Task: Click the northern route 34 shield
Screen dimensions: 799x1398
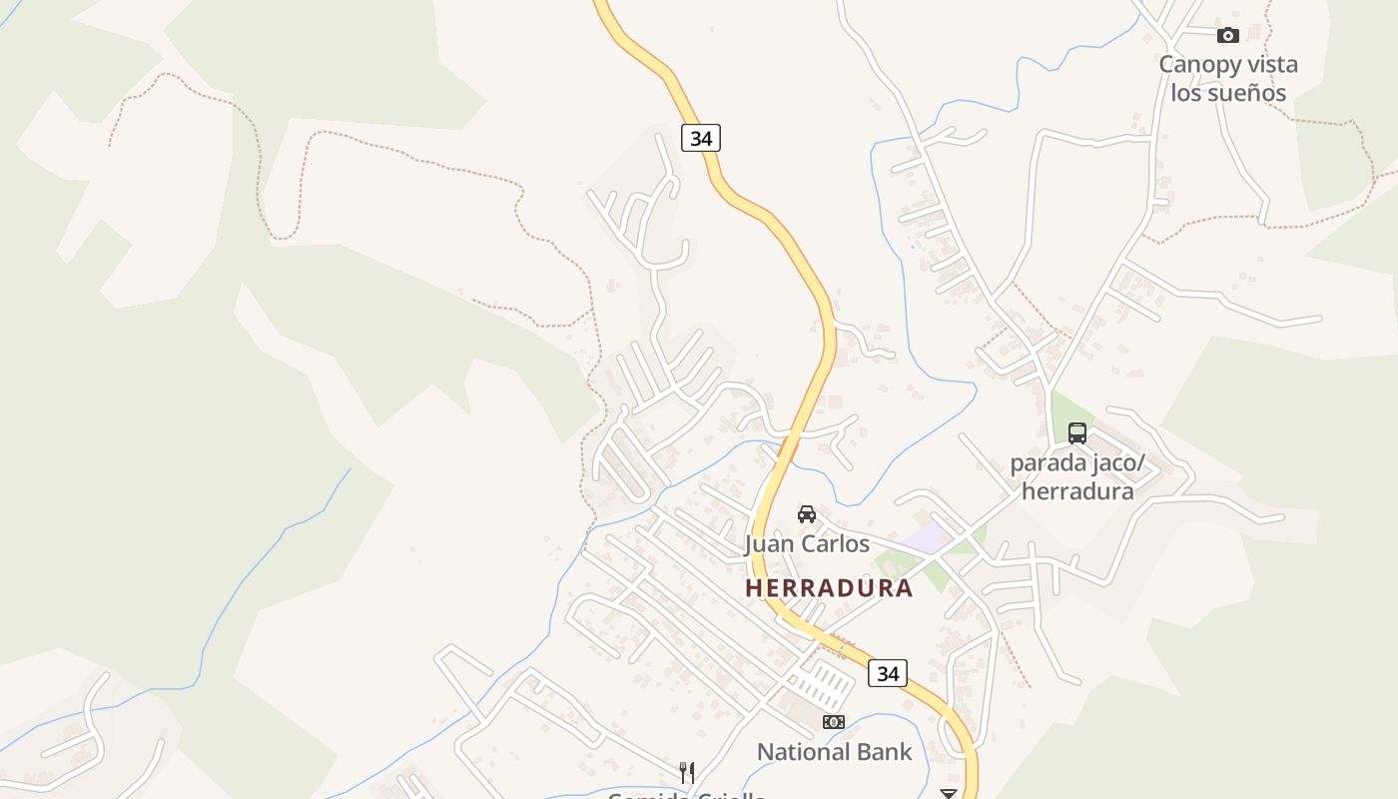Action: tap(701, 138)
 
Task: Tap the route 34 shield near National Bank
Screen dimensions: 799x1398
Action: tap(888, 674)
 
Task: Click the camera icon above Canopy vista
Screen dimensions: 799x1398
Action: tap(1227, 36)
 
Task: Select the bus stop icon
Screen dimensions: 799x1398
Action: tap(1076, 433)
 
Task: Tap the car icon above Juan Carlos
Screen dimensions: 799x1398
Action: tap(807, 514)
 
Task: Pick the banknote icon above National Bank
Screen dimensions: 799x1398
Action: tap(833, 722)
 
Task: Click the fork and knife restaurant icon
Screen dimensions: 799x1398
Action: tap(686, 772)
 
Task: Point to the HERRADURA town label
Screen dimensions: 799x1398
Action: tap(829, 588)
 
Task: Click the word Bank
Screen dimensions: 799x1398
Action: tap(888, 752)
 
